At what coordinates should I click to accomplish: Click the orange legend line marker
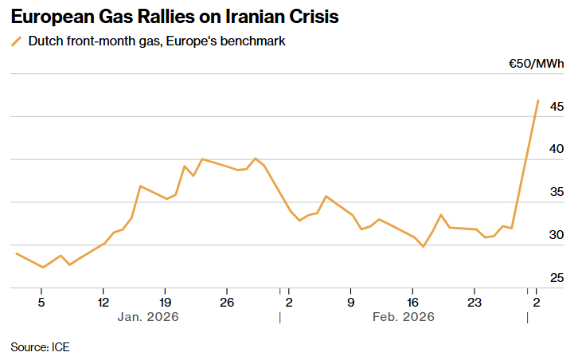(x=16, y=41)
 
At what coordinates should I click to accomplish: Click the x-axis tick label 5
(x=41, y=302)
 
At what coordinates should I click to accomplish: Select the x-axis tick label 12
(x=103, y=302)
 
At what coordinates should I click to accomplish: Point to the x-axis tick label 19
(x=165, y=302)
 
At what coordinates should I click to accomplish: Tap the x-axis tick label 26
(x=227, y=302)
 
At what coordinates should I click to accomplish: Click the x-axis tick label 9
(x=350, y=302)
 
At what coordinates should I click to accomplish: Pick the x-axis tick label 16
(x=412, y=302)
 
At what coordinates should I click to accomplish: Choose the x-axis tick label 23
(x=474, y=302)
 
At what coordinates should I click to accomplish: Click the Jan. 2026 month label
(x=148, y=317)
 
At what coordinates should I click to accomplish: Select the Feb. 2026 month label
(x=404, y=317)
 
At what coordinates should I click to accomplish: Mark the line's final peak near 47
(x=538, y=100)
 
